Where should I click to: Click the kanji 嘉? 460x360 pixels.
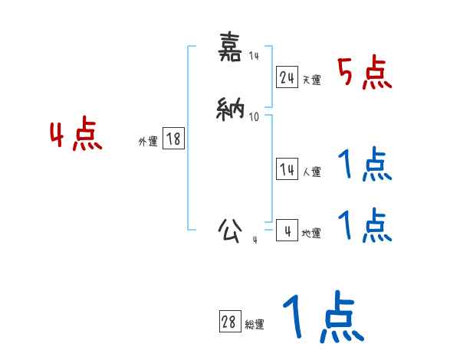pos(231,48)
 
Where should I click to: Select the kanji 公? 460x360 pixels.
pos(231,230)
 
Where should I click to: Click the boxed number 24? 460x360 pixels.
pos(287,77)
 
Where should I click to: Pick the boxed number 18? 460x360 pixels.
pos(173,139)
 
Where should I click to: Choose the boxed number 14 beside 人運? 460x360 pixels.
pos(287,170)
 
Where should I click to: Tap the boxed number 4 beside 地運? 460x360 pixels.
pos(287,231)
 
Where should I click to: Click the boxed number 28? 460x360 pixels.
pos(228,322)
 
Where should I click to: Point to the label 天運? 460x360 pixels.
pos(311,80)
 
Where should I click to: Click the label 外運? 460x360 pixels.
pos(148,142)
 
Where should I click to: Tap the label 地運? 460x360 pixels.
pos(311,234)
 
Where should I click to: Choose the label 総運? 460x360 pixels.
pos(255,325)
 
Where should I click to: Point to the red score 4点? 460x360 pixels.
pos(76,136)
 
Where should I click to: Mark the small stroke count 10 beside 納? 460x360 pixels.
pos(254,117)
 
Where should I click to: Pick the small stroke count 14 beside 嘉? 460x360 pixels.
pos(254,55)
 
